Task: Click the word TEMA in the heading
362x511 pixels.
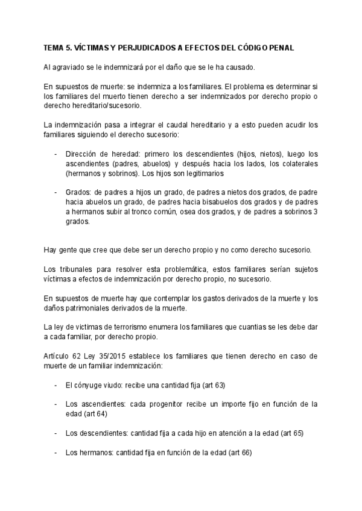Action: tap(54, 48)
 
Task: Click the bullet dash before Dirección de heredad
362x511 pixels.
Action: tap(56, 154)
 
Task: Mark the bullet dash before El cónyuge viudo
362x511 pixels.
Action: tap(56, 384)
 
